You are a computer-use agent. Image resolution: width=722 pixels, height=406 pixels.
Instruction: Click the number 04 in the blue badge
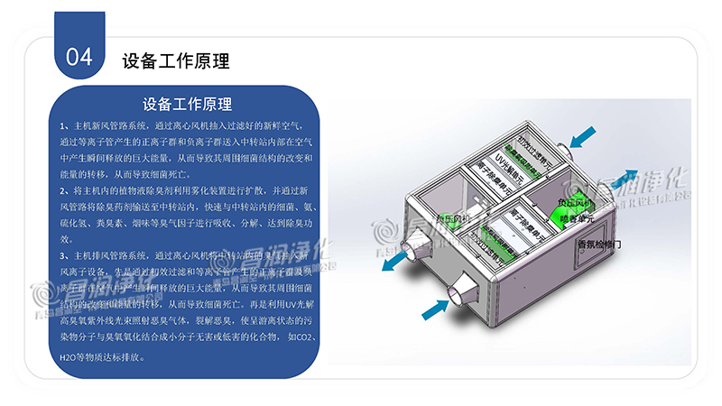click(80, 56)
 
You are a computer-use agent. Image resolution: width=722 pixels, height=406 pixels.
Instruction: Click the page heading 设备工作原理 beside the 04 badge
click(176, 61)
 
